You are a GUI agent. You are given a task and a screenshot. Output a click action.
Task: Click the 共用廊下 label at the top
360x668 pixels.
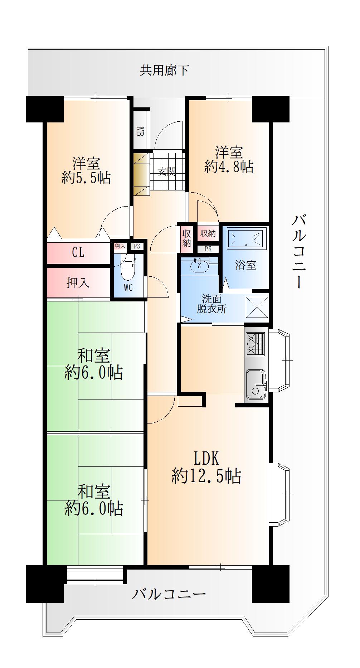pyautogui.click(x=164, y=70)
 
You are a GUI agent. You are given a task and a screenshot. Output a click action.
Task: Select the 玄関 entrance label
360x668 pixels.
pyautogui.click(x=167, y=171)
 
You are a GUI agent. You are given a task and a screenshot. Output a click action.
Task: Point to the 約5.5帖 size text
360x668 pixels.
pyautogui.click(x=86, y=178)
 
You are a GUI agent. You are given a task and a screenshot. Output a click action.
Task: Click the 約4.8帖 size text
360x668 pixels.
pyautogui.click(x=229, y=167)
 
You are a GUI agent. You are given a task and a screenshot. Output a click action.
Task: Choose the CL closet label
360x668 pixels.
pyautogui.click(x=78, y=253)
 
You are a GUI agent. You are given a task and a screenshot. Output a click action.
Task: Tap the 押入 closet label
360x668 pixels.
pyautogui.click(x=78, y=283)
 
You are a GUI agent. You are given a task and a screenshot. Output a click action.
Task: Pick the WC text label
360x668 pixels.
pyautogui.click(x=128, y=287)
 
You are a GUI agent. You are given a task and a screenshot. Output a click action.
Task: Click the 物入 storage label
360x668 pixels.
pyautogui.click(x=120, y=246)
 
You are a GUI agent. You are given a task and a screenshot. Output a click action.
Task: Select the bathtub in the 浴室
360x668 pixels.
pyautogui.click(x=246, y=237)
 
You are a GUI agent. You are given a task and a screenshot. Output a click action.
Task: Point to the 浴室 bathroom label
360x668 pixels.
pyautogui.click(x=245, y=265)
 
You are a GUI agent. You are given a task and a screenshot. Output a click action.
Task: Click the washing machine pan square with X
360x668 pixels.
pyautogui.click(x=257, y=307)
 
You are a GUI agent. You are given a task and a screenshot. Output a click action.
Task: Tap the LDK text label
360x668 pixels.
pyautogui.click(x=206, y=458)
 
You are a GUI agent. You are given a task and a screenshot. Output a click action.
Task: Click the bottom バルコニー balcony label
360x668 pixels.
pyautogui.click(x=169, y=594)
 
